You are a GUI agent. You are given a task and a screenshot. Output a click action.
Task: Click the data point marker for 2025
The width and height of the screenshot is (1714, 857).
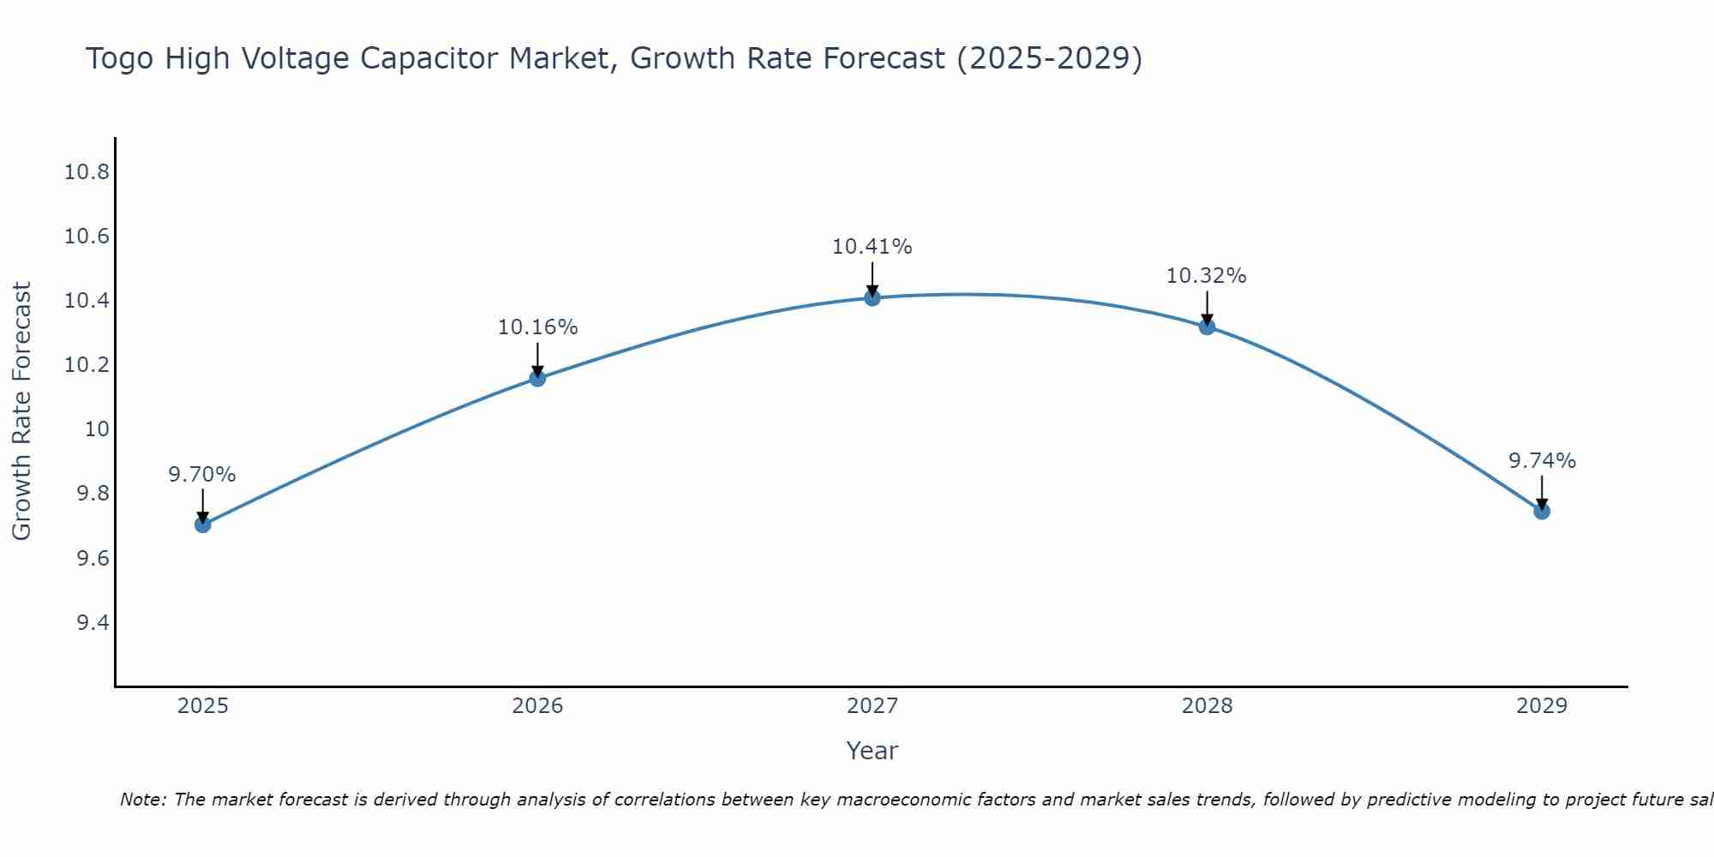click(x=203, y=524)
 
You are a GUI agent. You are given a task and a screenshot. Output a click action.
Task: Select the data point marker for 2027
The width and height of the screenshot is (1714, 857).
click(x=872, y=297)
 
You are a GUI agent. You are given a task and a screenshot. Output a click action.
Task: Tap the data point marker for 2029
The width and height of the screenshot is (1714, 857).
click(x=1542, y=511)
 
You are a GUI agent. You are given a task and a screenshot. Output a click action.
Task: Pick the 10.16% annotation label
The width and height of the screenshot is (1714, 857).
click(x=537, y=327)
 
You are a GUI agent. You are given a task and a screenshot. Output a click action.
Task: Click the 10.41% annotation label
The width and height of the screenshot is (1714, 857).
click(x=872, y=247)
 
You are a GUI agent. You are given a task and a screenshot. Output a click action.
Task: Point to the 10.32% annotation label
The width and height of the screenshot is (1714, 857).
click(x=1206, y=276)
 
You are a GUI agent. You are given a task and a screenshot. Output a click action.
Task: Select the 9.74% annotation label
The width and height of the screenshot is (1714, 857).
click(x=1542, y=461)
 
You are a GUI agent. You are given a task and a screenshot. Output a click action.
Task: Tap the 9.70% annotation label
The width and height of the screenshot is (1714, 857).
click(x=202, y=475)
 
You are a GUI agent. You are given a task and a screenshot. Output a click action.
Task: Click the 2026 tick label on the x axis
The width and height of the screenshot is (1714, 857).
click(x=537, y=706)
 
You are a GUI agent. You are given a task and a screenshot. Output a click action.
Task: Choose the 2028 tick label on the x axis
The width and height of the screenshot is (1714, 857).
click(x=1207, y=706)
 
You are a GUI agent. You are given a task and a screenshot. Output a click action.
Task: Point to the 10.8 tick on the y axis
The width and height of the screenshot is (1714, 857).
click(x=87, y=172)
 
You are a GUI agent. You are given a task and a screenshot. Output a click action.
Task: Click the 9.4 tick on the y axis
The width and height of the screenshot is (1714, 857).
click(x=93, y=622)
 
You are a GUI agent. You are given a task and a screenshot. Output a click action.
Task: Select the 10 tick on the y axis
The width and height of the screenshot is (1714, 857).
click(x=99, y=429)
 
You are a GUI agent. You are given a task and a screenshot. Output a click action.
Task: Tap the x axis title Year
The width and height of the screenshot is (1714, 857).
click(x=872, y=751)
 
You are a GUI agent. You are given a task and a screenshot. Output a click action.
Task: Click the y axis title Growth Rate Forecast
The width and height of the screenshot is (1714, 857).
click(x=22, y=411)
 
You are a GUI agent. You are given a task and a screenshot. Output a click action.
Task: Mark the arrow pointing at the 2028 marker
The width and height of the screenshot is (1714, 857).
click(x=1207, y=307)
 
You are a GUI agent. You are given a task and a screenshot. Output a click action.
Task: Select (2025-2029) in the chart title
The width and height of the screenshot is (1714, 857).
click(x=1049, y=58)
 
